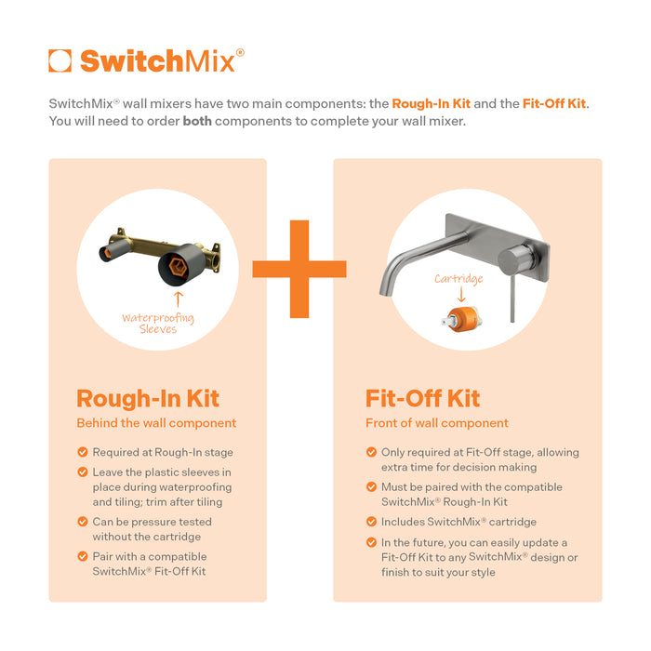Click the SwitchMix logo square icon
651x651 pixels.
point(60,61)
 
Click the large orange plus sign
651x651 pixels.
point(299,269)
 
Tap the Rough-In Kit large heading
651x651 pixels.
point(148,399)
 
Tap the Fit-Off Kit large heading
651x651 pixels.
point(422,399)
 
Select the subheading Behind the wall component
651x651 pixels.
point(156,423)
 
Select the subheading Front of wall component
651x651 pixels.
point(436,423)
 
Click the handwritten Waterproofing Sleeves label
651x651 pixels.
point(158,323)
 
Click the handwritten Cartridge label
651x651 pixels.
point(458,279)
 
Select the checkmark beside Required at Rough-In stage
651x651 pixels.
point(82,453)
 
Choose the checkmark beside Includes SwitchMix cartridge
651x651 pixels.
point(371,522)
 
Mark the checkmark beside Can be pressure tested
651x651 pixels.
point(82,522)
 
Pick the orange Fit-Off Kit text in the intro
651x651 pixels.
point(554,103)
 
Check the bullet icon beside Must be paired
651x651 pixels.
point(371,487)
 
